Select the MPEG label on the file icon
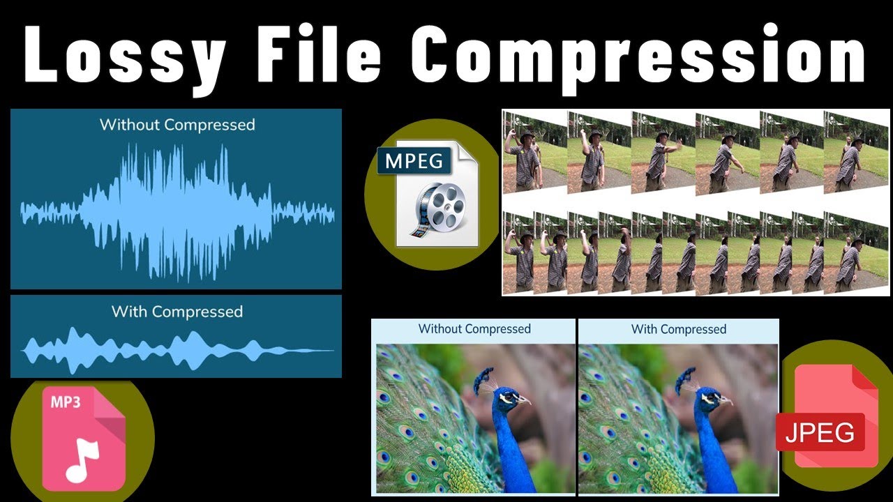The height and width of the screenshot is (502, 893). (x=414, y=162)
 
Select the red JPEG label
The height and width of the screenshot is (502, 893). (x=820, y=433)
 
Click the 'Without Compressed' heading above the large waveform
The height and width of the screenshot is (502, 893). (x=177, y=125)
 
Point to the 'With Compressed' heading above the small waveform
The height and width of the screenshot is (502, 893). (x=177, y=312)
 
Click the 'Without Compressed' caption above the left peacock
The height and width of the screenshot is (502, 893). (x=474, y=328)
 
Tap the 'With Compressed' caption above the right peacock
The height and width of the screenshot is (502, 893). (x=679, y=328)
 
